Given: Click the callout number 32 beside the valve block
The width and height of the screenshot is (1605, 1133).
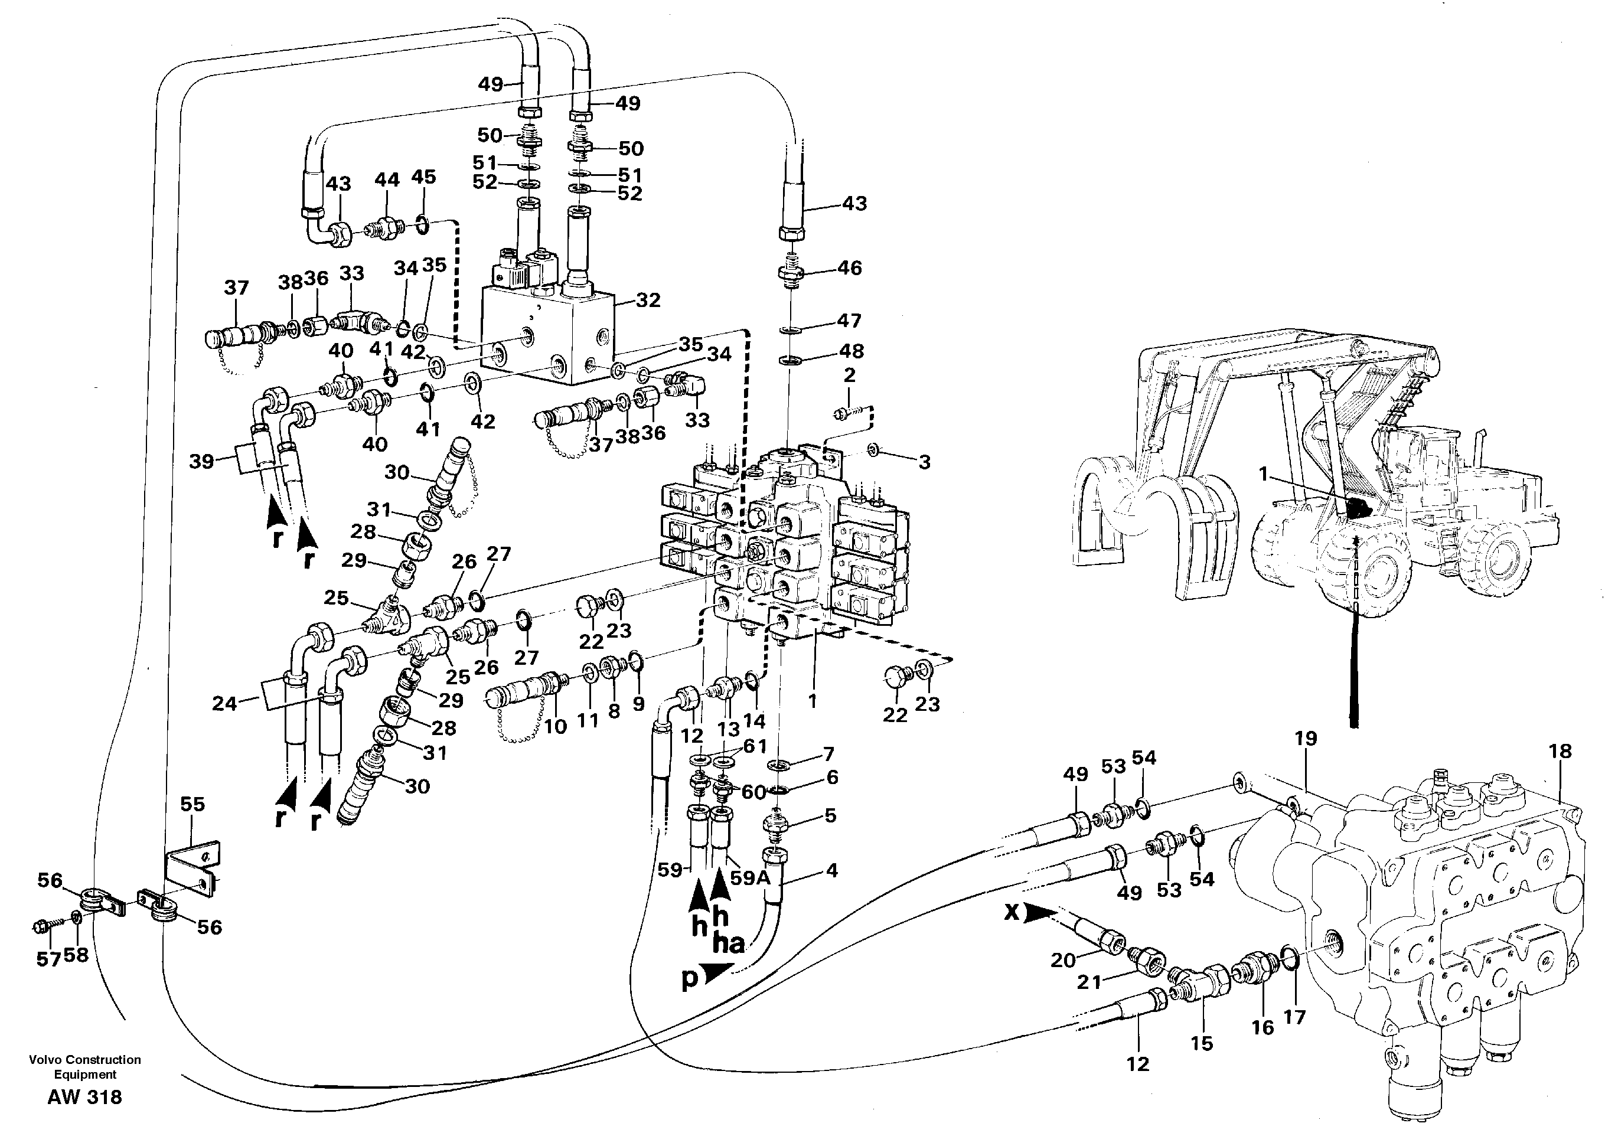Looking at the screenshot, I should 647,300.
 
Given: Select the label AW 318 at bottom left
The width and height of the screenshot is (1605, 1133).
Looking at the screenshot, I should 84,1098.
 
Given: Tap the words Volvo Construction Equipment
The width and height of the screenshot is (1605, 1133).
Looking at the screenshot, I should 84,1067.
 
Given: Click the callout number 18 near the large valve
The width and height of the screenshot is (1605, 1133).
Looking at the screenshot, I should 1560,752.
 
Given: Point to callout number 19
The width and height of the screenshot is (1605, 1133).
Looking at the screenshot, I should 1304,739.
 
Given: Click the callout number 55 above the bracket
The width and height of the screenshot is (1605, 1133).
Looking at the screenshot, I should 193,805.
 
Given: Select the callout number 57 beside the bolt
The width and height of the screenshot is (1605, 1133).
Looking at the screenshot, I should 48,959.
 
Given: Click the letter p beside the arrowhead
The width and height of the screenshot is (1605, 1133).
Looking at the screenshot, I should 689,981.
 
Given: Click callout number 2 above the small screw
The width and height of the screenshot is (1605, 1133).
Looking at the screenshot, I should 849,376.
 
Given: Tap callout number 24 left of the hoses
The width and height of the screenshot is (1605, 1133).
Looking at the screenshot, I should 225,703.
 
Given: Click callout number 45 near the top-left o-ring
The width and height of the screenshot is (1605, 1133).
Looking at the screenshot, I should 423,177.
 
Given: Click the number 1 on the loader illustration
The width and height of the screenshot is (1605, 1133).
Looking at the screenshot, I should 1263,475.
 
